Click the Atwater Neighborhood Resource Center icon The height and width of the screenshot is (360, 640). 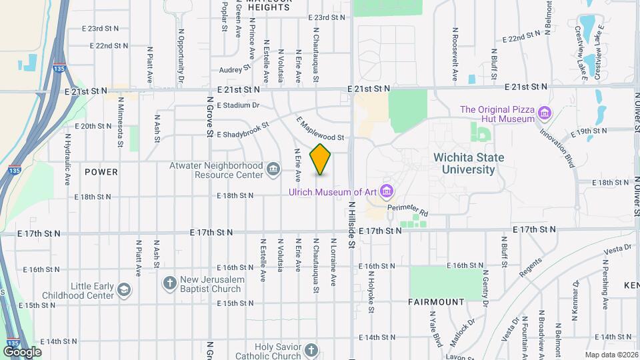click(273, 170)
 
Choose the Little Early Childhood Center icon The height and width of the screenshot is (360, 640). click(123, 290)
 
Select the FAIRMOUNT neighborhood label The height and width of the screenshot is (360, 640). click(436, 302)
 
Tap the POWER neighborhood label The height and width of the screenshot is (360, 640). click(101, 172)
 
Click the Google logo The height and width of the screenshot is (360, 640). click(22, 351)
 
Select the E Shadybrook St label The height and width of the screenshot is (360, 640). click(243, 130)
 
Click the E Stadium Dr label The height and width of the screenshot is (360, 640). click(237, 105)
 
